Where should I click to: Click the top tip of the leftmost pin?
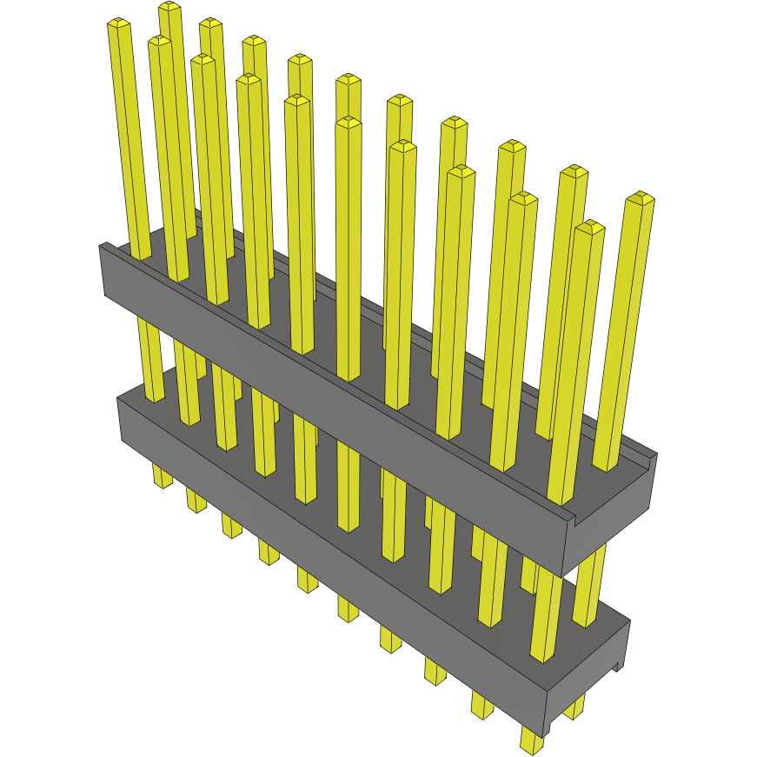tap(118, 23)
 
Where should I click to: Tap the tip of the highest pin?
tap(169, 7)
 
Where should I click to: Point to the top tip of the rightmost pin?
tap(641, 197)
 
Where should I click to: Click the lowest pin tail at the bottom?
tap(531, 741)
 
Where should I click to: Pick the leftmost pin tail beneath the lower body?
tap(162, 475)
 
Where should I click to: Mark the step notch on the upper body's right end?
tap(574, 520)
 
